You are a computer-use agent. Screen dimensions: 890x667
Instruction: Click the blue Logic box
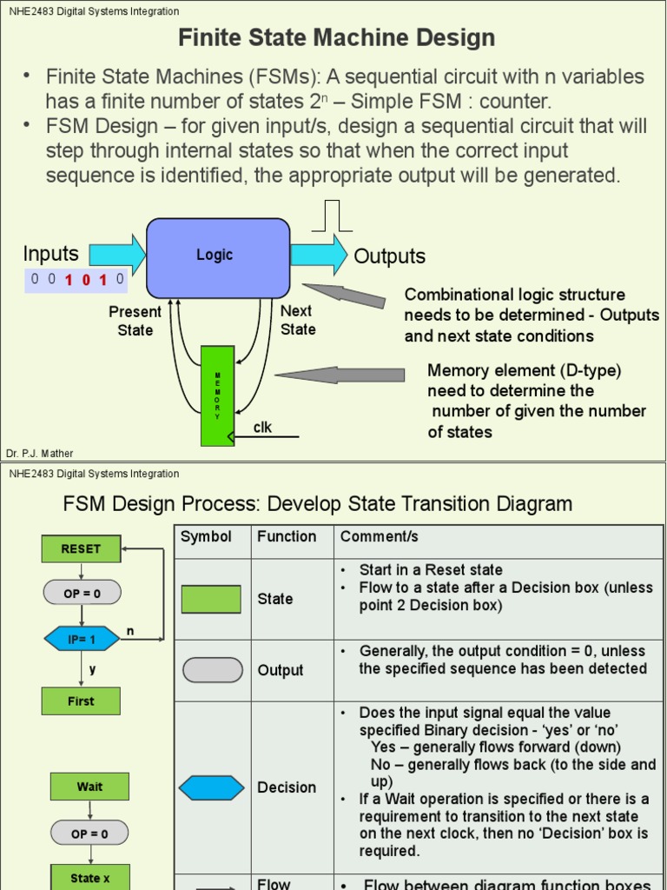[217, 257]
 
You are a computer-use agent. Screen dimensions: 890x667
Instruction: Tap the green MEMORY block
[217, 395]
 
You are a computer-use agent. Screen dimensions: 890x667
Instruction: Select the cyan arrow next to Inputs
[117, 255]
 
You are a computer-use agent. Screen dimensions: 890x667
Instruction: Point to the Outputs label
[389, 256]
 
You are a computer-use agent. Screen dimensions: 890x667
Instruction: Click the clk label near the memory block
[262, 427]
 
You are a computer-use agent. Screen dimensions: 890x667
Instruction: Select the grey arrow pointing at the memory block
[340, 375]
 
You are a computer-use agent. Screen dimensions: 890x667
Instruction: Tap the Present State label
[135, 321]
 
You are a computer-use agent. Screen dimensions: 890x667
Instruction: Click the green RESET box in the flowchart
[81, 549]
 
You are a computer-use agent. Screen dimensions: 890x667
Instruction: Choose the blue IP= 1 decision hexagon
[82, 639]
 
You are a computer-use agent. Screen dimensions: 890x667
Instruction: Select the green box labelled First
[81, 701]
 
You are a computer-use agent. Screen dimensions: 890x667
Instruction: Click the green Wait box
[89, 787]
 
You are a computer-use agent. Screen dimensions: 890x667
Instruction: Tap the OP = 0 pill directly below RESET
[82, 594]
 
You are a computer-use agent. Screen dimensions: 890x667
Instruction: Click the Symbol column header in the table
[206, 537]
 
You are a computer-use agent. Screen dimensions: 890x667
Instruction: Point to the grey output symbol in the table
[212, 670]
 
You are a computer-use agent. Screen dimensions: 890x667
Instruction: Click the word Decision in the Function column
[287, 787]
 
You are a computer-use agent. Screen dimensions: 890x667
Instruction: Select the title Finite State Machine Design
[336, 38]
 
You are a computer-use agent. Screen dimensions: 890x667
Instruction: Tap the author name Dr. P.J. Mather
[40, 454]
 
